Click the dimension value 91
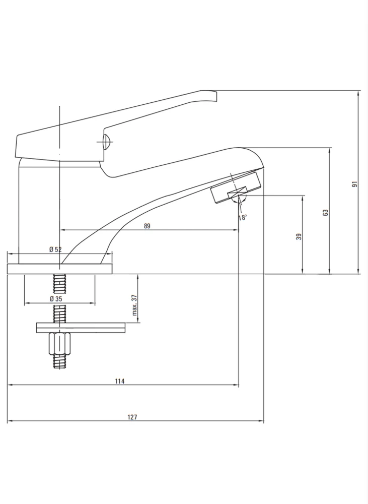click(x=354, y=184)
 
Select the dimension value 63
click(x=326, y=213)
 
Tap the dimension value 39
click(x=299, y=236)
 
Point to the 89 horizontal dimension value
click(x=147, y=226)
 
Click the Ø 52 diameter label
click(x=55, y=249)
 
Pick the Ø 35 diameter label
click(x=56, y=298)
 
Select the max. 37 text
click(x=134, y=305)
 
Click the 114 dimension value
click(x=119, y=381)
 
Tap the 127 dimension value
click(x=132, y=417)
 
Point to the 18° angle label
click(x=243, y=218)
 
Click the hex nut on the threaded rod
click(x=59, y=344)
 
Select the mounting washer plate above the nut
click(x=81, y=328)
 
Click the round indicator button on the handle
click(x=106, y=141)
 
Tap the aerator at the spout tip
click(x=235, y=187)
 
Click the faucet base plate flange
click(x=60, y=269)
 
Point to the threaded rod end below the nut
click(x=59, y=361)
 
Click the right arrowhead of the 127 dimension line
click(x=262, y=421)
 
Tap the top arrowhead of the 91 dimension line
click(x=358, y=93)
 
